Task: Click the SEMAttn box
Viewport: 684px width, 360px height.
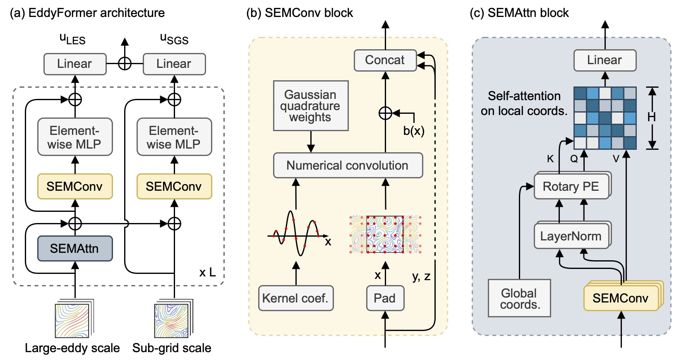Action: point(75,248)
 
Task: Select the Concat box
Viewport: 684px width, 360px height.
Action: point(385,60)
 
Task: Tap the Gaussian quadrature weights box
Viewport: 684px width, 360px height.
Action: point(310,106)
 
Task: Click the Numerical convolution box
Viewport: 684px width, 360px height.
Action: point(348,166)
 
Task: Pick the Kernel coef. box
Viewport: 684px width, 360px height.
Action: point(295,298)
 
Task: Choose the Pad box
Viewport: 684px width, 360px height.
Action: point(385,298)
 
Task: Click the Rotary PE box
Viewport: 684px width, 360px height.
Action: point(571,187)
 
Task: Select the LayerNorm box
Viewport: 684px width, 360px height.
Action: point(571,236)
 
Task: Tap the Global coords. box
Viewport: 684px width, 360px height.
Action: point(519,298)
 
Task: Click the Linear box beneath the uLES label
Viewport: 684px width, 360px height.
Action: point(75,64)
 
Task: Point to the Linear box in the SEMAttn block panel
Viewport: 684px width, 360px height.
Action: point(605,60)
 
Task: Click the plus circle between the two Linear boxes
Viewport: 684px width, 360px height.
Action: point(125,64)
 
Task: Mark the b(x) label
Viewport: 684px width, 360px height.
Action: point(413,131)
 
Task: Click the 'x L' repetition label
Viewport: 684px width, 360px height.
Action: point(207,272)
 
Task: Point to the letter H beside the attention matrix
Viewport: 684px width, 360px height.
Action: point(652,118)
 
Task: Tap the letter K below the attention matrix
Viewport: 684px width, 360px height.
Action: point(550,159)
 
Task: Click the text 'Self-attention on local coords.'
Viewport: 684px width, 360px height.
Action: point(524,103)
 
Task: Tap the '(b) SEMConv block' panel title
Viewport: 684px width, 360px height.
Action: point(300,13)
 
